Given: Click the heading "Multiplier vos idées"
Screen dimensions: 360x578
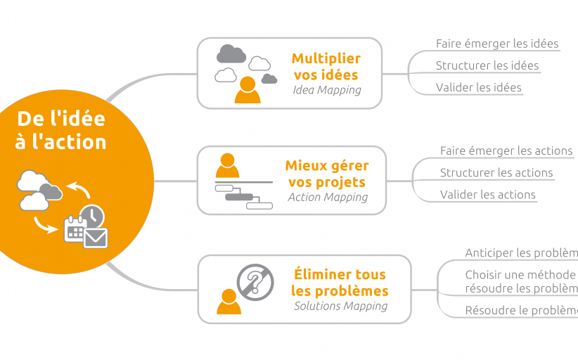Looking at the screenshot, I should (326, 66).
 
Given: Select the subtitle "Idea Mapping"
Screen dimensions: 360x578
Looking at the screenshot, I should (326, 90).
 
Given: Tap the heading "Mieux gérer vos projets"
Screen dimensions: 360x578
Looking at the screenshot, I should (327, 174).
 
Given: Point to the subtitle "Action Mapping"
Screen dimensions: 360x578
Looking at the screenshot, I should (328, 197).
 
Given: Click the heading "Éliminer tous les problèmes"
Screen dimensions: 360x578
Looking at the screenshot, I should (340, 283).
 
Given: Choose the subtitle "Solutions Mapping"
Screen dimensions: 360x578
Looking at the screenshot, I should (340, 306).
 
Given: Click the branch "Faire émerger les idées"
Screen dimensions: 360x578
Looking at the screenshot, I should (497, 44).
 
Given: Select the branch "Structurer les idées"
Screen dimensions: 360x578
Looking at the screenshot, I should (487, 65).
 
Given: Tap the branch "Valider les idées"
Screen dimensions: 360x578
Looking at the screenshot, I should (479, 87).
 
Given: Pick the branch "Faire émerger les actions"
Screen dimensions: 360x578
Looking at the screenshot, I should (506, 150).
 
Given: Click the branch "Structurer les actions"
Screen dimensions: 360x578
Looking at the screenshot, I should (496, 172).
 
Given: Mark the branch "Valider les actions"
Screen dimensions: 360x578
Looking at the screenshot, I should (488, 195).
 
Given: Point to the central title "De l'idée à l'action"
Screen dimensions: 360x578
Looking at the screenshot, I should (62, 130).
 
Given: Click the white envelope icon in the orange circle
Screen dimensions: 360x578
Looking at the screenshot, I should (96, 238).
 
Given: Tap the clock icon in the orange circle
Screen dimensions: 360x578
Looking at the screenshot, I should (91, 217).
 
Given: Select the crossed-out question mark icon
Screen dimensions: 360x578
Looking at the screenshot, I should (255, 283).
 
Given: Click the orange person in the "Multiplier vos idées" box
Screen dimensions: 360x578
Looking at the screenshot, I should (247, 89).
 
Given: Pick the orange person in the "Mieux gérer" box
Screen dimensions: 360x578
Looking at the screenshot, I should (227, 166).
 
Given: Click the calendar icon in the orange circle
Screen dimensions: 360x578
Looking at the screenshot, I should (74, 230).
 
